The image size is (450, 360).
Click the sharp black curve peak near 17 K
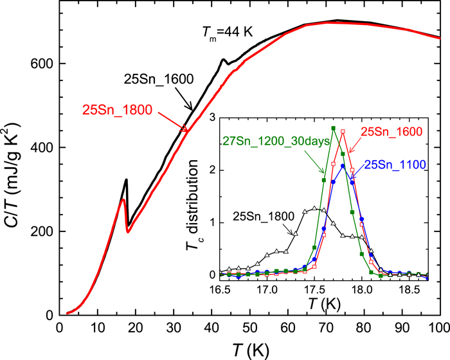[x=127, y=180]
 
